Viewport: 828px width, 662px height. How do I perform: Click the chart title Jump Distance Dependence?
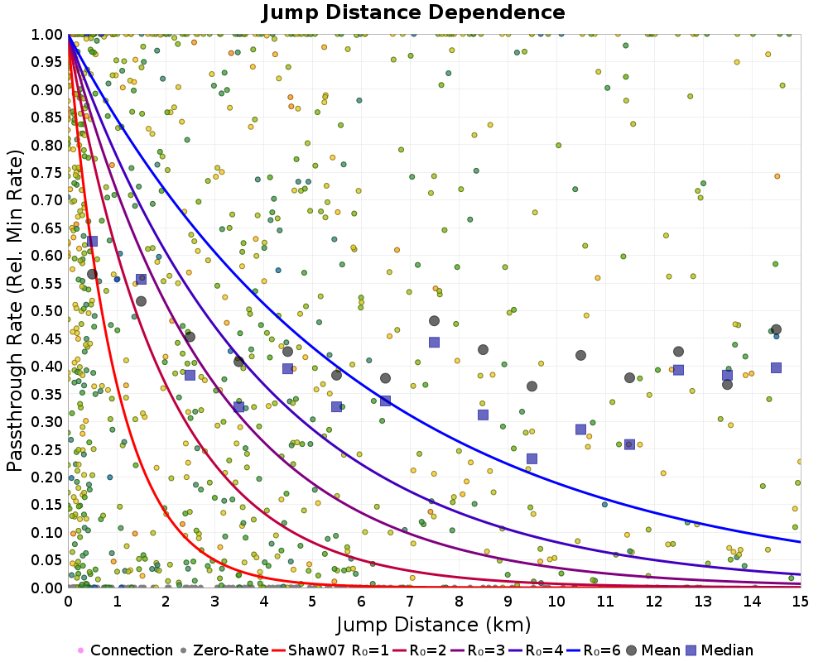[413, 12]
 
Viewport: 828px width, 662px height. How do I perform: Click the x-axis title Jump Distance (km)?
[434, 623]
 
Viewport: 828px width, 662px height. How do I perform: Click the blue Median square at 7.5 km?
[434, 342]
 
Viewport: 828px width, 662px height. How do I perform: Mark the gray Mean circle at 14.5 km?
[776, 329]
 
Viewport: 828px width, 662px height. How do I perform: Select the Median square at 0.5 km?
[92, 241]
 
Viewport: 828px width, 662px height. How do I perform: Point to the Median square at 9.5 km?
[532, 458]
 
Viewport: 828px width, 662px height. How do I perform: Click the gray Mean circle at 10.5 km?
[580, 355]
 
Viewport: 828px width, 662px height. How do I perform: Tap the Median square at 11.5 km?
[629, 444]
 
